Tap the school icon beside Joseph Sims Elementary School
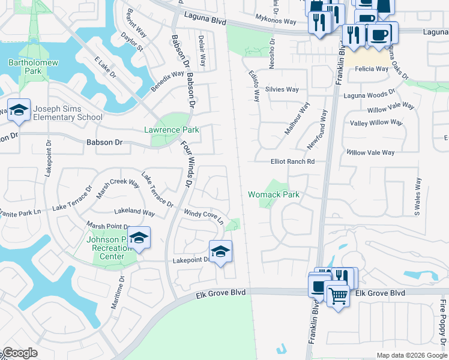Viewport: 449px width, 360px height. click(x=19, y=110)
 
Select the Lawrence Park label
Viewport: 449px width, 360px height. click(x=171, y=130)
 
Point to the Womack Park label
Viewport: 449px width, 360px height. click(x=274, y=194)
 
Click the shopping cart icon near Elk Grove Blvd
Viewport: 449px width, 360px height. click(x=338, y=295)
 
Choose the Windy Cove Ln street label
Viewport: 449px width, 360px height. click(x=203, y=217)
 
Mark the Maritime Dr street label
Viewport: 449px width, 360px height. click(x=117, y=292)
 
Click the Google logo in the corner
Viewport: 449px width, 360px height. click(x=20, y=353)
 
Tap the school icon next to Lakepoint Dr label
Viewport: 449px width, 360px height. click(x=220, y=251)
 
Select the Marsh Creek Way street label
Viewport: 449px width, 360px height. click(x=118, y=188)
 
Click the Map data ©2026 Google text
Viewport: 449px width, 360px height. click(x=411, y=355)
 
